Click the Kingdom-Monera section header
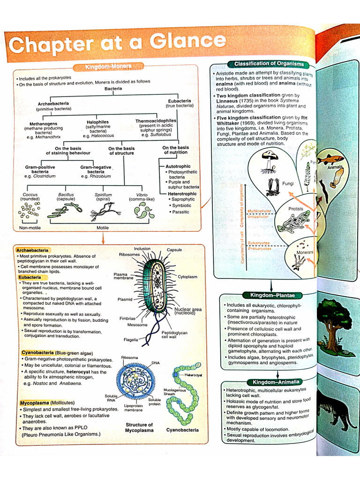coord(108,67)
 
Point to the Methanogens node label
coord(44,124)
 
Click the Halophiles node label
coord(97,122)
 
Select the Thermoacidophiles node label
coord(156,121)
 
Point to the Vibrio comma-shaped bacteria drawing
coord(143,210)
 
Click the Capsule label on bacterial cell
coord(174,250)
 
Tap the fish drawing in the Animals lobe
coord(330,159)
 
